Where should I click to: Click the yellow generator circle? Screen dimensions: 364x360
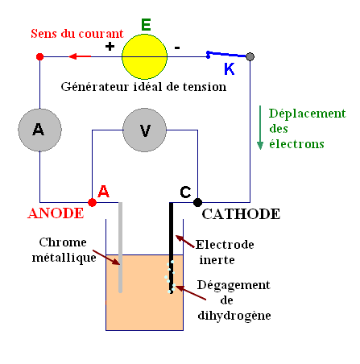[x=146, y=56]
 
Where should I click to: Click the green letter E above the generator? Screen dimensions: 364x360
[x=146, y=24]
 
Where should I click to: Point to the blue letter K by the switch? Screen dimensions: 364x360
[x=230, y=70]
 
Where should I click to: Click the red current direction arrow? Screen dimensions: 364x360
[x=80, y=56]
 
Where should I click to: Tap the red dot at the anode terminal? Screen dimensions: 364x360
[x=92, y=202]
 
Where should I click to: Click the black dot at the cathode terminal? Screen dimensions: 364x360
[x=197, y=202]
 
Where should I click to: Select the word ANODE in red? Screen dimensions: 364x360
[x=56, y=214]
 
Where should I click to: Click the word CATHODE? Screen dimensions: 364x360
[x=241, y=214]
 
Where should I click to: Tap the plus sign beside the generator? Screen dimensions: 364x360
[x=110, y=47]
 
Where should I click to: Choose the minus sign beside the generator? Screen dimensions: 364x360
[x=177, y=47]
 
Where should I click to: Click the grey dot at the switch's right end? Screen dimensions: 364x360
[x=250, y=56]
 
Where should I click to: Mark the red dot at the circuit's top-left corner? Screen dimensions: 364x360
[x=39, y=56]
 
